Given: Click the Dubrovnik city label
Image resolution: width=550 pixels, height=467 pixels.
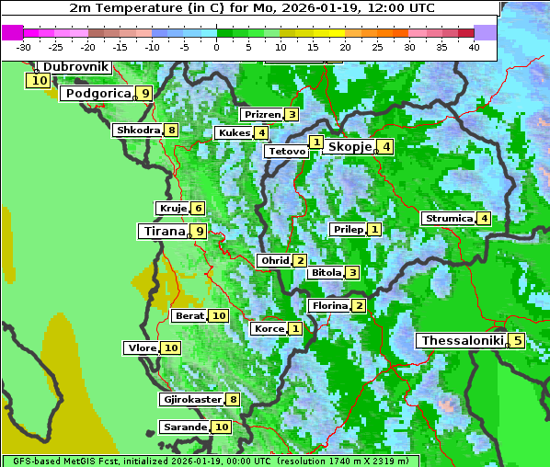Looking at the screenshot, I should [75, 67].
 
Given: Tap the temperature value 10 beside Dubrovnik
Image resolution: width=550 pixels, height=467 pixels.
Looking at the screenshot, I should [38, 81].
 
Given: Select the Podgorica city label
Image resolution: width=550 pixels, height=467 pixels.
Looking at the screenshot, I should [97, 93].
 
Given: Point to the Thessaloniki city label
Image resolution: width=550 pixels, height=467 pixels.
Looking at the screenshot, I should [462, 340].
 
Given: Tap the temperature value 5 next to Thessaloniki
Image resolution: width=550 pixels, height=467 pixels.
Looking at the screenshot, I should [517, 341].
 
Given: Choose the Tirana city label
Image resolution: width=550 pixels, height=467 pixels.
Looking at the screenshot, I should [162, 231].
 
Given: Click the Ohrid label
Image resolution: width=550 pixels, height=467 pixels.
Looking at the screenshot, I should [274, 261].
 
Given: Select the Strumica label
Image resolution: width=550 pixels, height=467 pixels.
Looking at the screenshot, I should [448, 219].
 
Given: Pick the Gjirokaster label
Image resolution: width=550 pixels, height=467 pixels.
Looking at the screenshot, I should [191, 400].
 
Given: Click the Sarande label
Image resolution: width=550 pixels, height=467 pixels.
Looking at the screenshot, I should [184, 427].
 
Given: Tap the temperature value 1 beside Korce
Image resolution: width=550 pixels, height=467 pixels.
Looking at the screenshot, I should [295, 329].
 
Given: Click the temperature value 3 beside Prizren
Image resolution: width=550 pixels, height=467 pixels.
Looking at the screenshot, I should [292, 115].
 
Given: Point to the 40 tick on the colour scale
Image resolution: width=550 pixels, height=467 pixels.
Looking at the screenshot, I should [474, 46].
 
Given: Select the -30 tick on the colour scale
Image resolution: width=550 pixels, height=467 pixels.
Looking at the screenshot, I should [24, 46].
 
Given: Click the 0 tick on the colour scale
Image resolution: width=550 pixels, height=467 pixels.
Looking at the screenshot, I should [216, 46].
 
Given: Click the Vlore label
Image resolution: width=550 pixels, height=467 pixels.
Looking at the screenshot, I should [141, 347].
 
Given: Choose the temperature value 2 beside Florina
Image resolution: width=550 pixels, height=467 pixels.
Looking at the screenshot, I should [359, 306].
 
